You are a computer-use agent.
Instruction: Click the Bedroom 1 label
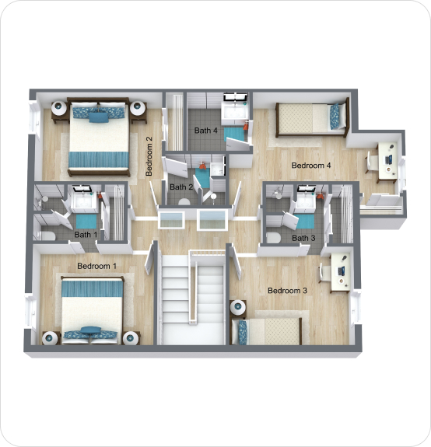[x=97, y=266]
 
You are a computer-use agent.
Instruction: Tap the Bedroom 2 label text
[x=149, y=156]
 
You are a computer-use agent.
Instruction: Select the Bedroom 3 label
[x=287, y=291]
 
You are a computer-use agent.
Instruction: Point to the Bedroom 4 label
[x=311, y=166]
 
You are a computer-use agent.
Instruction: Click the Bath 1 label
[x=86, y=235]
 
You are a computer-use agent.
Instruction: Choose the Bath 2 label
[x=181, y=187]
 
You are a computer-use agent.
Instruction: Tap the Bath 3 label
[x=303, y=238]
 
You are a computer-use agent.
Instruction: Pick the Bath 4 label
[x=205, y=131]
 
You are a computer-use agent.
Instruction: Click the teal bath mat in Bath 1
[x=86, y=222]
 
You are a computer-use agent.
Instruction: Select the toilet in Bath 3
[x=274, y=238]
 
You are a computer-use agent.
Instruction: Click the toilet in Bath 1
[x=47, y=236]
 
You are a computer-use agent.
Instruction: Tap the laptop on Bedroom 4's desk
[x=389, y=159]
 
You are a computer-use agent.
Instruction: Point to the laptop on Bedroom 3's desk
[x=342, y=271]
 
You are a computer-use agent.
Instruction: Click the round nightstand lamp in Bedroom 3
[x=238, y=307]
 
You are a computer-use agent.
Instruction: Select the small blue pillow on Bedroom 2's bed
[x=99, y=117]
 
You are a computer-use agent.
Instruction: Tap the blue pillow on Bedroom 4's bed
[x=335, y=116]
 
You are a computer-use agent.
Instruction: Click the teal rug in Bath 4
[x=234, y=134]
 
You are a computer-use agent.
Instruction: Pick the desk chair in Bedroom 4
[x=371, y=162]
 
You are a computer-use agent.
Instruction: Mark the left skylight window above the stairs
[x=171, y=220]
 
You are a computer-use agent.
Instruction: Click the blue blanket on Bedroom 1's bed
[x=93, y=288]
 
